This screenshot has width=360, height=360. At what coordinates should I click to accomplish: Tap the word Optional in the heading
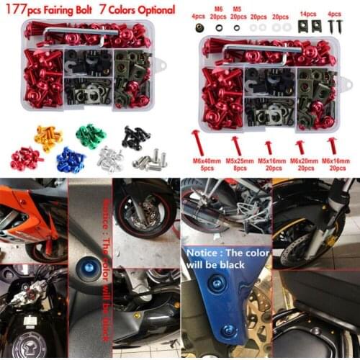152,10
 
